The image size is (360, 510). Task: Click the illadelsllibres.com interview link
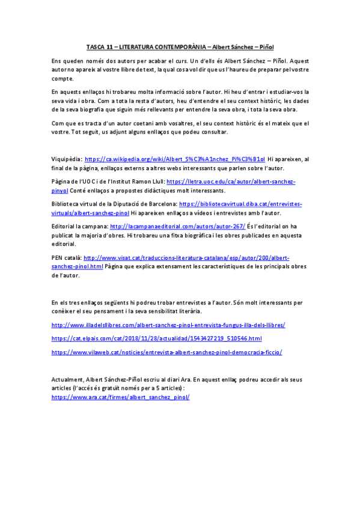(168, 325)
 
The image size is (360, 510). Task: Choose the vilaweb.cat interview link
(166, 352)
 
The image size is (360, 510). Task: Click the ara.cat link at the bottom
(120, 398)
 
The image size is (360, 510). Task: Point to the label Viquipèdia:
(66, 159)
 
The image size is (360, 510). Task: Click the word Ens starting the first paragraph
(56, 62)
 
